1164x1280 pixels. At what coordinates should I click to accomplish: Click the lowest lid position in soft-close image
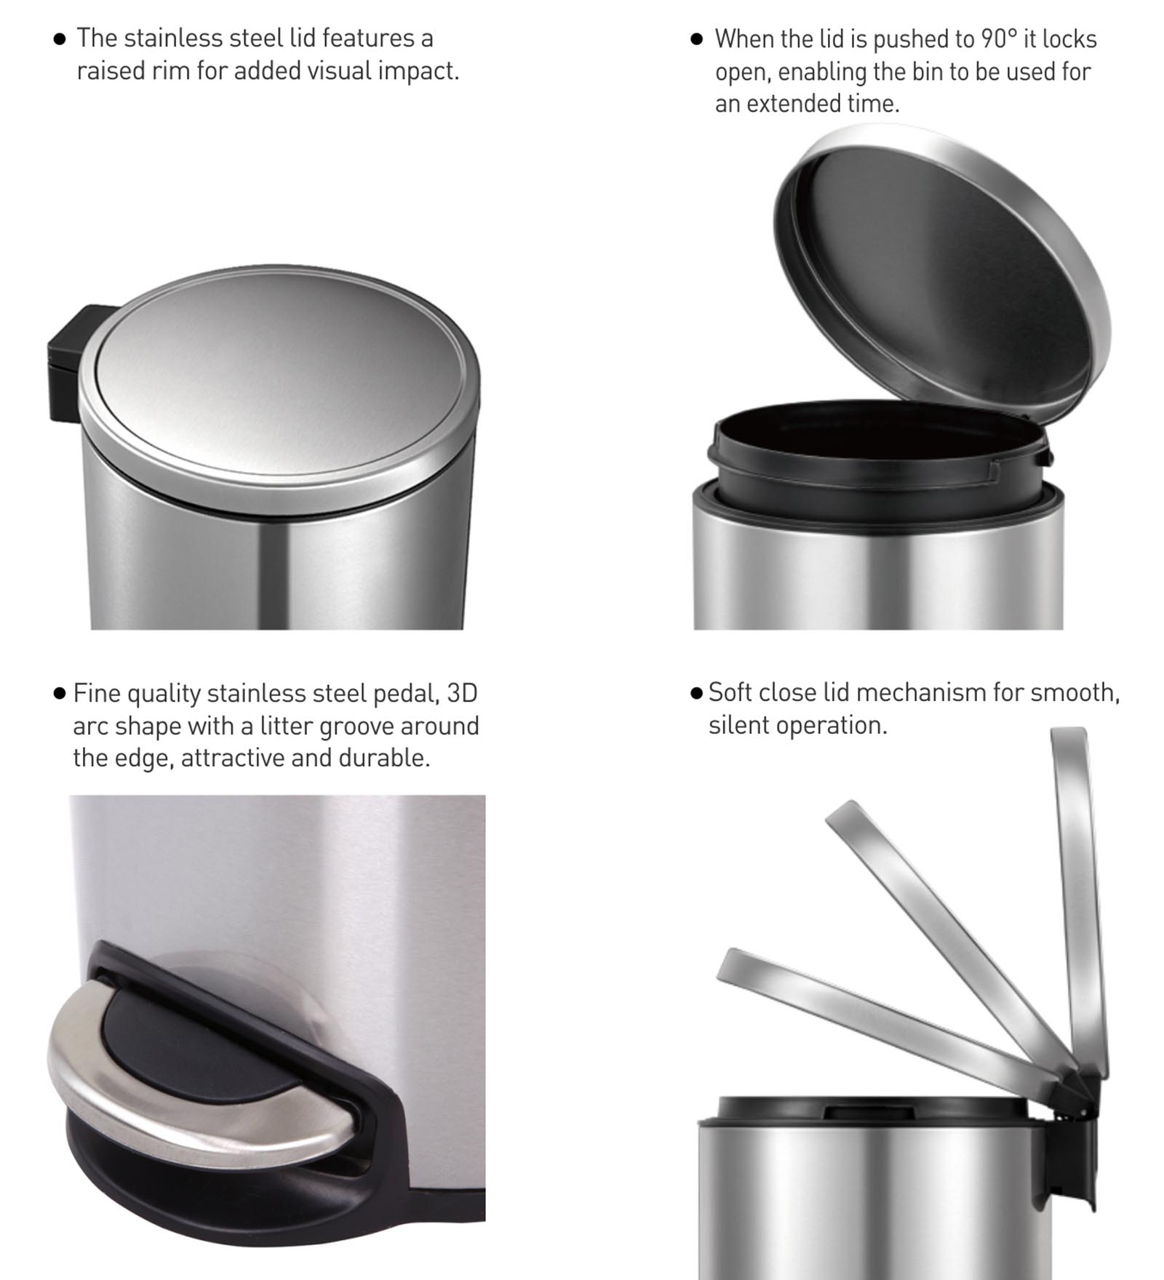(x=873, y=1011)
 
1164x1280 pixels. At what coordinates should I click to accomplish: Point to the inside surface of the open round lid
(x=946, y=269)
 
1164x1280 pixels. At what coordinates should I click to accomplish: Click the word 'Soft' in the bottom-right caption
(x=733, y=692)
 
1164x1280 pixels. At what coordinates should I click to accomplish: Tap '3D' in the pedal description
(x=462, y=693)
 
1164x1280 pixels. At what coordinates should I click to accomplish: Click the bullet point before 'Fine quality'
(x=60, y=693)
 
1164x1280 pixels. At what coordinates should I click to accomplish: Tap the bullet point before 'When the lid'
(x=696, y=39)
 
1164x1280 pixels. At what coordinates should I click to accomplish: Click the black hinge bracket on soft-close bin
(x=1077, y=1156)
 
